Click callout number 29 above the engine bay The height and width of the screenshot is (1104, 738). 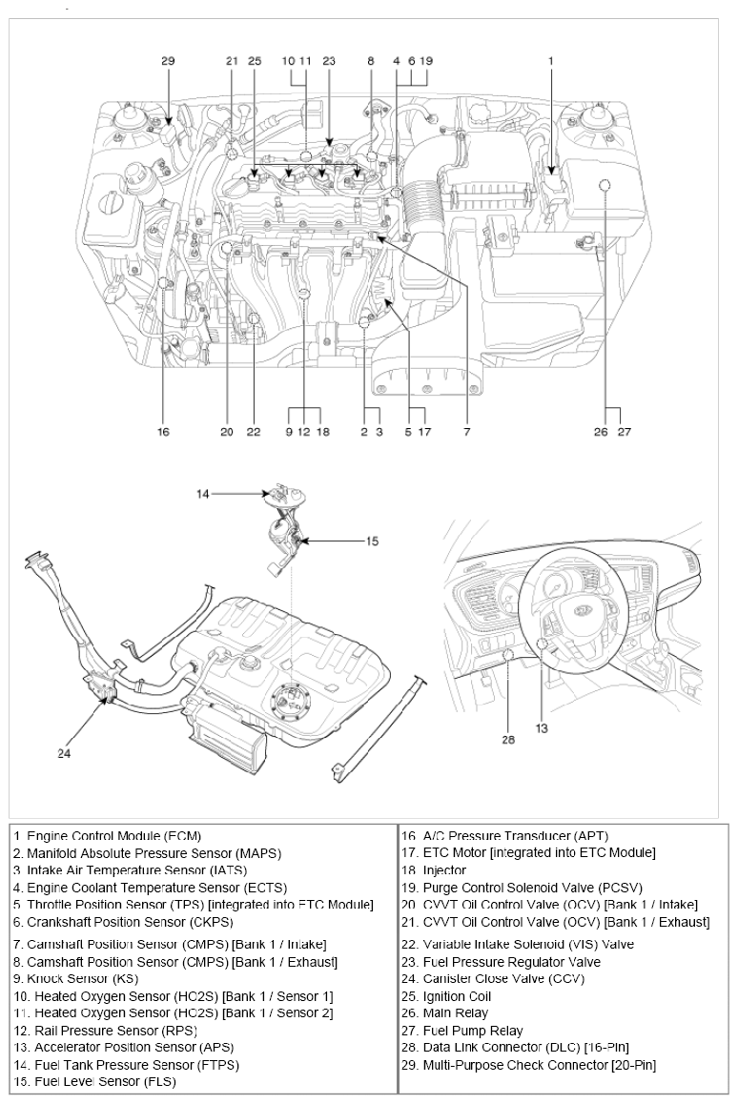pos(168,61)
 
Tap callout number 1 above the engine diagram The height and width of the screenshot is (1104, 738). pos(550,61)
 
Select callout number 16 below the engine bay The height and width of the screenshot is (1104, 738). pos(164,432)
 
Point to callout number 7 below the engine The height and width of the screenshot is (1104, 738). pos(467,432)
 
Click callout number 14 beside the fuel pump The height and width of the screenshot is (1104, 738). pos(204,494)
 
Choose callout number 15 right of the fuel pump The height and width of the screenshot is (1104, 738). pos(372,541)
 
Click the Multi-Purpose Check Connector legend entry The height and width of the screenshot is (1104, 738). pos(528,1065)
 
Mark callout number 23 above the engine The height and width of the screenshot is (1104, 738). pos(330,61)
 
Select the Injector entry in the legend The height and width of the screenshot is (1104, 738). pos(433,870)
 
